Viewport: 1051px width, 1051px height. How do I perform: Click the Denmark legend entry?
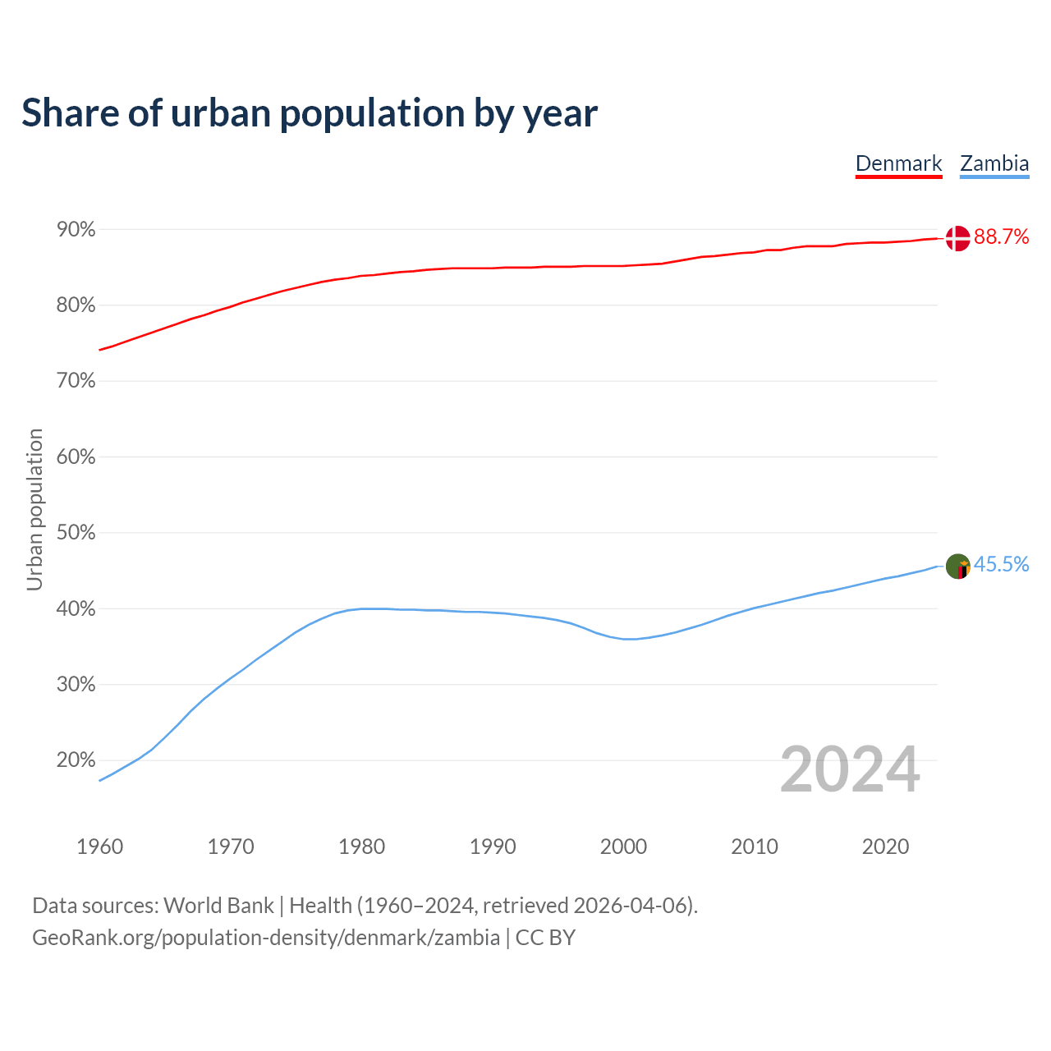point(898,163)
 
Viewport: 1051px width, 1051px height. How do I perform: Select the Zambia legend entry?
point(994,163)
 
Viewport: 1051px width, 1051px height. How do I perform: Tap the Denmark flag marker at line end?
point(957,238)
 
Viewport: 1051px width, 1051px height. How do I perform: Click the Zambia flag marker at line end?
point(957,567)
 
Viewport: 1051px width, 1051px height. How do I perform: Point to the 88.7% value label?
point(1001,237)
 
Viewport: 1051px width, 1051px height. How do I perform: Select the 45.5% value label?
point(1001,565)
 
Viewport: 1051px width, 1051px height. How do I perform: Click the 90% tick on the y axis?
point(76,230)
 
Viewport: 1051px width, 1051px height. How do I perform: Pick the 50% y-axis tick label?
point(76,533)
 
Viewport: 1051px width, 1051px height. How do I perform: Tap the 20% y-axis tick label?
point(76,760)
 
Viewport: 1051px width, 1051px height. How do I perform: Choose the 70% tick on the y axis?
point(76,381)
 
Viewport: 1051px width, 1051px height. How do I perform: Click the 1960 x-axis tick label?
point(99,847)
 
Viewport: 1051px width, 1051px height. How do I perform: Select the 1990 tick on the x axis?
point(493,847)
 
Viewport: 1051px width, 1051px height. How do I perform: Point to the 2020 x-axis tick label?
point(885,847)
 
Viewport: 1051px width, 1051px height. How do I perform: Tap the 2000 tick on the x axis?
point(624,847)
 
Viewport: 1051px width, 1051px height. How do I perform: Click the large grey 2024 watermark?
point(850,770)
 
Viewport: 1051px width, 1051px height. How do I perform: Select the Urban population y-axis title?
point(34,509)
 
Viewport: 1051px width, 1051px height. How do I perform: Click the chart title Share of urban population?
point(310,113)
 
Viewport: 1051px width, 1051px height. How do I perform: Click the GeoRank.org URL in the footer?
point(266,938)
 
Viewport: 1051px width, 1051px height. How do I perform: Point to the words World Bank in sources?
point(218,906)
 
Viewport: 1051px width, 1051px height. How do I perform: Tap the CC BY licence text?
point(545,938)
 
